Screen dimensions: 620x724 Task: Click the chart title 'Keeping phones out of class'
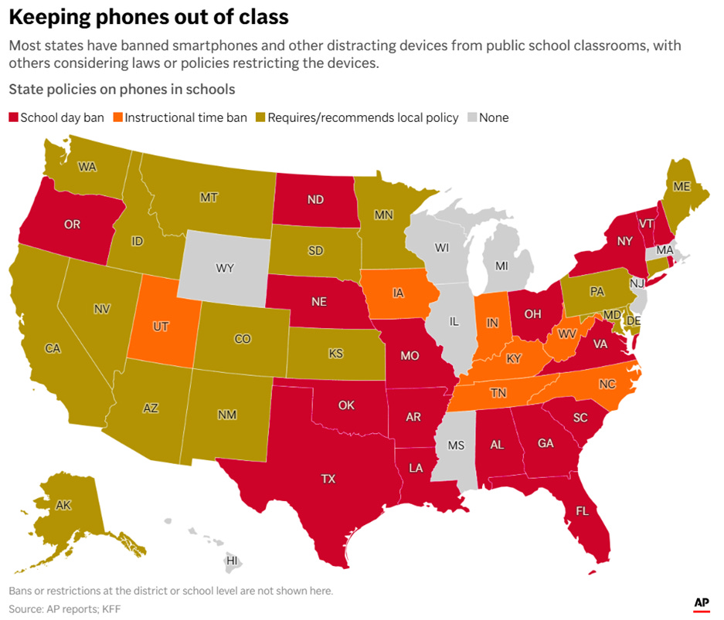(148, 17)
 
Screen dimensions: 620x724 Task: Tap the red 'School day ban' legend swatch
(13, 118)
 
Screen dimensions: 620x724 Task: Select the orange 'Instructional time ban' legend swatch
(117, 118)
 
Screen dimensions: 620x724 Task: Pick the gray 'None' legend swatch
(471, 118)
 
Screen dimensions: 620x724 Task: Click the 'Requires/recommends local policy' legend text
(362, 118)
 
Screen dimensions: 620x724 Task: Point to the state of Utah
(161, 327)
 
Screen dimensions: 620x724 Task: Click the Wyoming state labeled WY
(224, 268)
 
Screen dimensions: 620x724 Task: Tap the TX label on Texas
(328, 479)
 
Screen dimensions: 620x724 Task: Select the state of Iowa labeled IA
(398, 293)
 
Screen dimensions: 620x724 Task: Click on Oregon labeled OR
(72, 225)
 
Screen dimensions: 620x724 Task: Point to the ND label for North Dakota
(315, 199)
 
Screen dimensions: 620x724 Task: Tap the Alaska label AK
(63, 506)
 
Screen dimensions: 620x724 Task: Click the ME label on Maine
(682, 186)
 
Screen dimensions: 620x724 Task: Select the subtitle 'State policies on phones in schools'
(121, 90)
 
